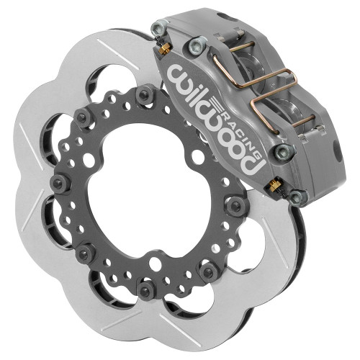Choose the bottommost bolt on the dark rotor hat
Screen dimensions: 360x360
147,291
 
